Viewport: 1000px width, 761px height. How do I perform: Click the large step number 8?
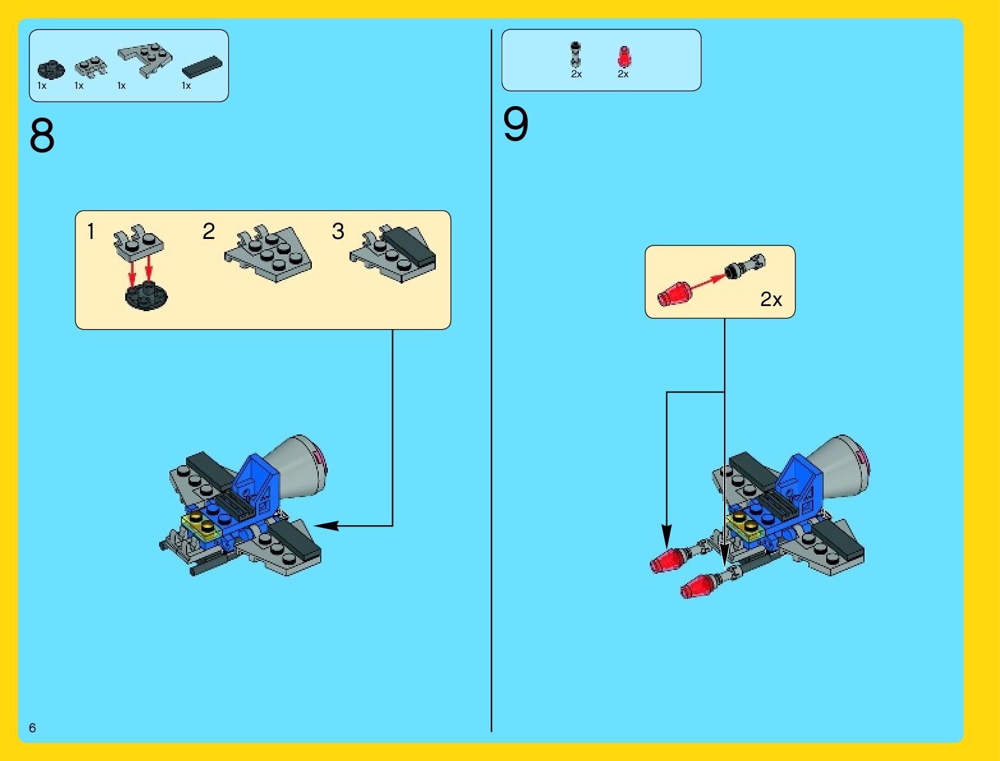(42, 136)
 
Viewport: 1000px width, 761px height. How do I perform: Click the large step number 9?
(516, 124)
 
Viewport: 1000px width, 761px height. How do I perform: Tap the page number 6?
(32, 728)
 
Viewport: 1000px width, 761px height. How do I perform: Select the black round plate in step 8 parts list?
(51, 69)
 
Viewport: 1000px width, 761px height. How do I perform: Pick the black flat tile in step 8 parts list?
(202, 66)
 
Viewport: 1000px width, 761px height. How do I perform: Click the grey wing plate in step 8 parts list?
(145, 59)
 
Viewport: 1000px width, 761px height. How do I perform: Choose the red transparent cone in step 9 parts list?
(624, 57)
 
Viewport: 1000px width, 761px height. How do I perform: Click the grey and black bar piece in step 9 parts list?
(576, 54)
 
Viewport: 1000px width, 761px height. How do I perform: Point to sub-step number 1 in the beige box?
(91, 231)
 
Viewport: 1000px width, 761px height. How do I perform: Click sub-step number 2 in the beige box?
(208, 231)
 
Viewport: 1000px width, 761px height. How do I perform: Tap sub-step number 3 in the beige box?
(338, 231)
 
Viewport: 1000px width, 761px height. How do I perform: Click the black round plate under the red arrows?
(146, 296)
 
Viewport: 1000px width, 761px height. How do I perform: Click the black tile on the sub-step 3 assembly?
(410, 248)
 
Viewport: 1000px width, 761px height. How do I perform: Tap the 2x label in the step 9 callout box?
(771, 299)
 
